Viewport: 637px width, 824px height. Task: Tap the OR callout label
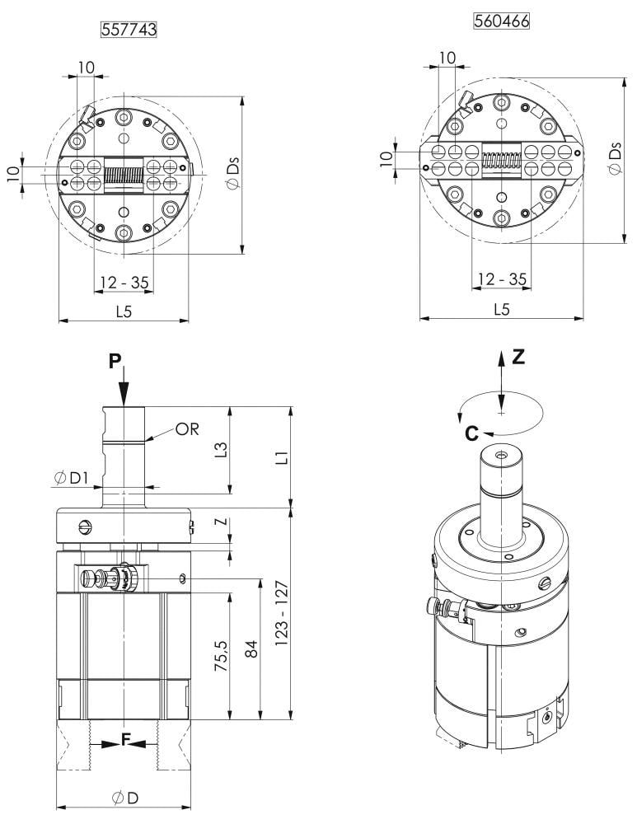(x=188, y=429)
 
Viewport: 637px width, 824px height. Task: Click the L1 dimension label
(x=282, y=457)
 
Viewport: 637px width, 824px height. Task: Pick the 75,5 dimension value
(x=220, y=649)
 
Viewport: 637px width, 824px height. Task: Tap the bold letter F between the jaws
(x=125, y=740)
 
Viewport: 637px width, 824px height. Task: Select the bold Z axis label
(x=518, y=357)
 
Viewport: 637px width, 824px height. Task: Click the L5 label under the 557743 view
(x=124, y=311)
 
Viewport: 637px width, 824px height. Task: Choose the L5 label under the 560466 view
(x=501, y=309)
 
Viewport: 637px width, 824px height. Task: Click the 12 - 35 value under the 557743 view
(x=124, y=283)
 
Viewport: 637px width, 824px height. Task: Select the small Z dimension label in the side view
(x=220, y=522)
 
